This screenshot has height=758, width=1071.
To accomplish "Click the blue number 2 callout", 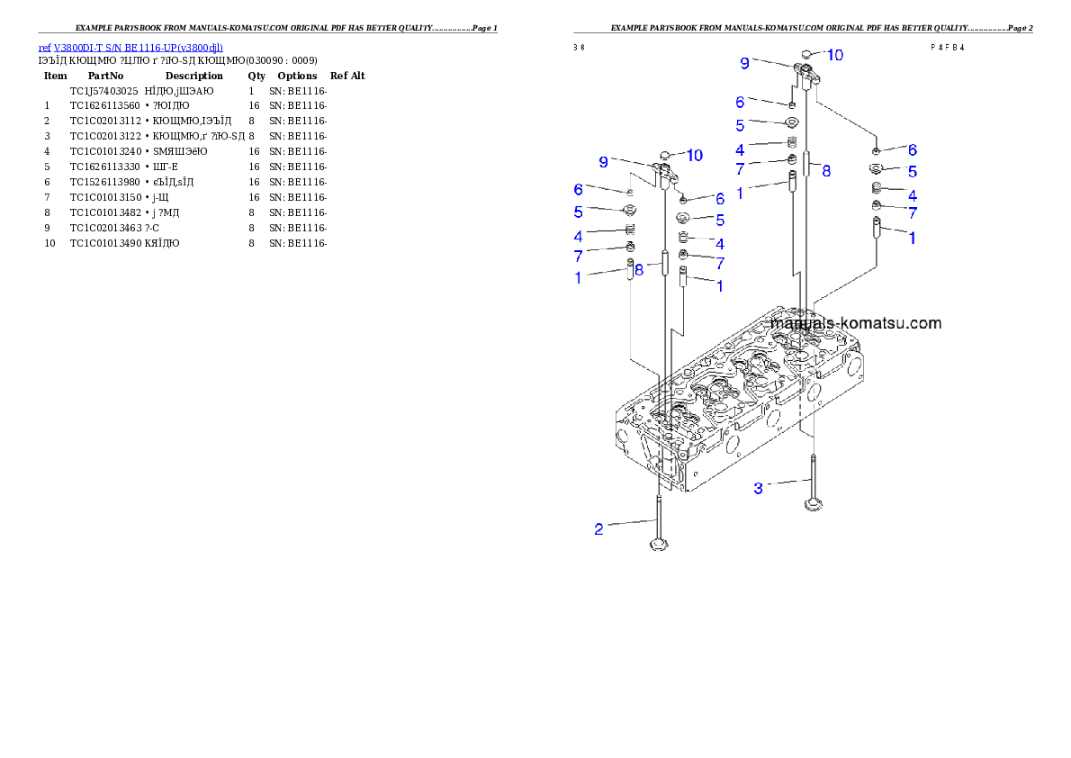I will point(598,529).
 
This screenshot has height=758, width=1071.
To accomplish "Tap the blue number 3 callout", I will point(759,488).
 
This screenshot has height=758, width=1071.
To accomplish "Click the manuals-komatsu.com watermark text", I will point(856,323).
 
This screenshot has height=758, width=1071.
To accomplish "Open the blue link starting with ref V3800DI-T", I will point(130,47).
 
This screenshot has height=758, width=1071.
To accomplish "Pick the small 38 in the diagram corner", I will point(579,48).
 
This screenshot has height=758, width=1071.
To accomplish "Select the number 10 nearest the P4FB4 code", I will point(835,55).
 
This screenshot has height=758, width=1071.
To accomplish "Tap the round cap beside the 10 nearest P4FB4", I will point(807,55).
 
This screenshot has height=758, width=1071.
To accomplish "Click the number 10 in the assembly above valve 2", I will point(694,156).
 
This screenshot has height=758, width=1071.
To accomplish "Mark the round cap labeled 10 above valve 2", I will point(667,154).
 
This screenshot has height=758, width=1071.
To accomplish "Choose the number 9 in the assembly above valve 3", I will point(744,63).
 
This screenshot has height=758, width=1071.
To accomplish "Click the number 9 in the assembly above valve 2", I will point(604,162).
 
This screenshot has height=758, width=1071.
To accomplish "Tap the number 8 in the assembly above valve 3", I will point(825,169).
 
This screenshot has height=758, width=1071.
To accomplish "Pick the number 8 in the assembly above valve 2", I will point(638,267).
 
